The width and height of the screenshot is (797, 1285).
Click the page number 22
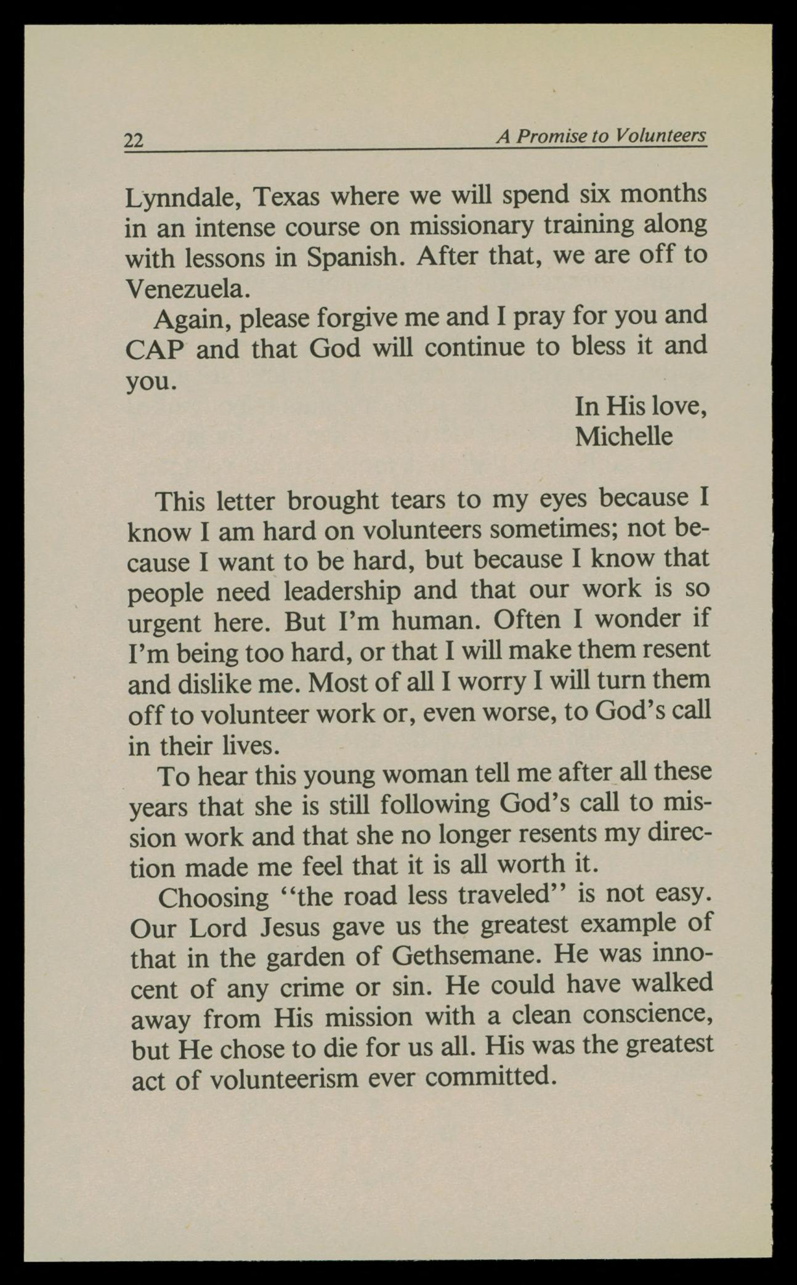click(134, 140)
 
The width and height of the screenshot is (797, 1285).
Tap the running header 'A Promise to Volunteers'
click(601, 136)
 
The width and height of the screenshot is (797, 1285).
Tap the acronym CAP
click(155, 349)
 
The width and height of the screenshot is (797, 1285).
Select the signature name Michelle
click(623, 436)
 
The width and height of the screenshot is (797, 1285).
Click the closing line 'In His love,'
click(640, 406)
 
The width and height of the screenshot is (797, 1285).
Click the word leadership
click(341, 591)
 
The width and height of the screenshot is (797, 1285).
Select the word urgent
click(164, 623)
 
